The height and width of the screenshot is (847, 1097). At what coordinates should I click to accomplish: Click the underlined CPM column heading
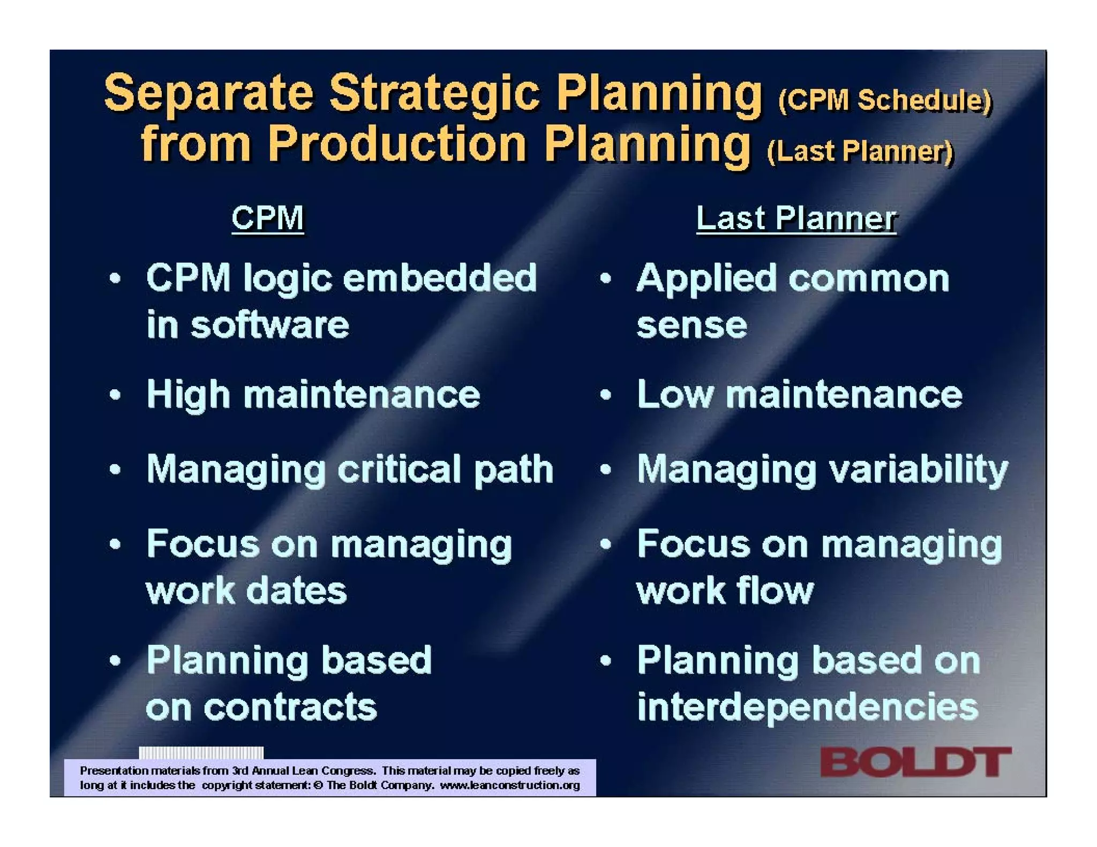pos(267,218)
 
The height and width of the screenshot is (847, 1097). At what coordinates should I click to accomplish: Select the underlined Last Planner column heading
pos(795,218)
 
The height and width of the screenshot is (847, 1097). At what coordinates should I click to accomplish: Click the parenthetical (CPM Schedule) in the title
pos(885,100)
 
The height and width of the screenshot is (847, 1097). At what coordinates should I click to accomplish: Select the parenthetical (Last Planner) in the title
pos(860,152)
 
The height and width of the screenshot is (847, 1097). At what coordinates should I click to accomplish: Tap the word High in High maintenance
pos(188,395)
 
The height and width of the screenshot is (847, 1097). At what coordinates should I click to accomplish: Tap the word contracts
pos(290,707)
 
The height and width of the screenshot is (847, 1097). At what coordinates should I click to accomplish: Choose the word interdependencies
pos(808,707)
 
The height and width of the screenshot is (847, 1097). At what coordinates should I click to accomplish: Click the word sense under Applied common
pos(691,326)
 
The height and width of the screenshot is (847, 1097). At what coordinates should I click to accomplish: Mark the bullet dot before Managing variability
pos(605,470)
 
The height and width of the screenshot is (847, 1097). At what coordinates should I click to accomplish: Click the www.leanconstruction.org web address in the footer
pos(509,785)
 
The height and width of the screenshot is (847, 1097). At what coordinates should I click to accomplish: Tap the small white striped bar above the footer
pos(201,753)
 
